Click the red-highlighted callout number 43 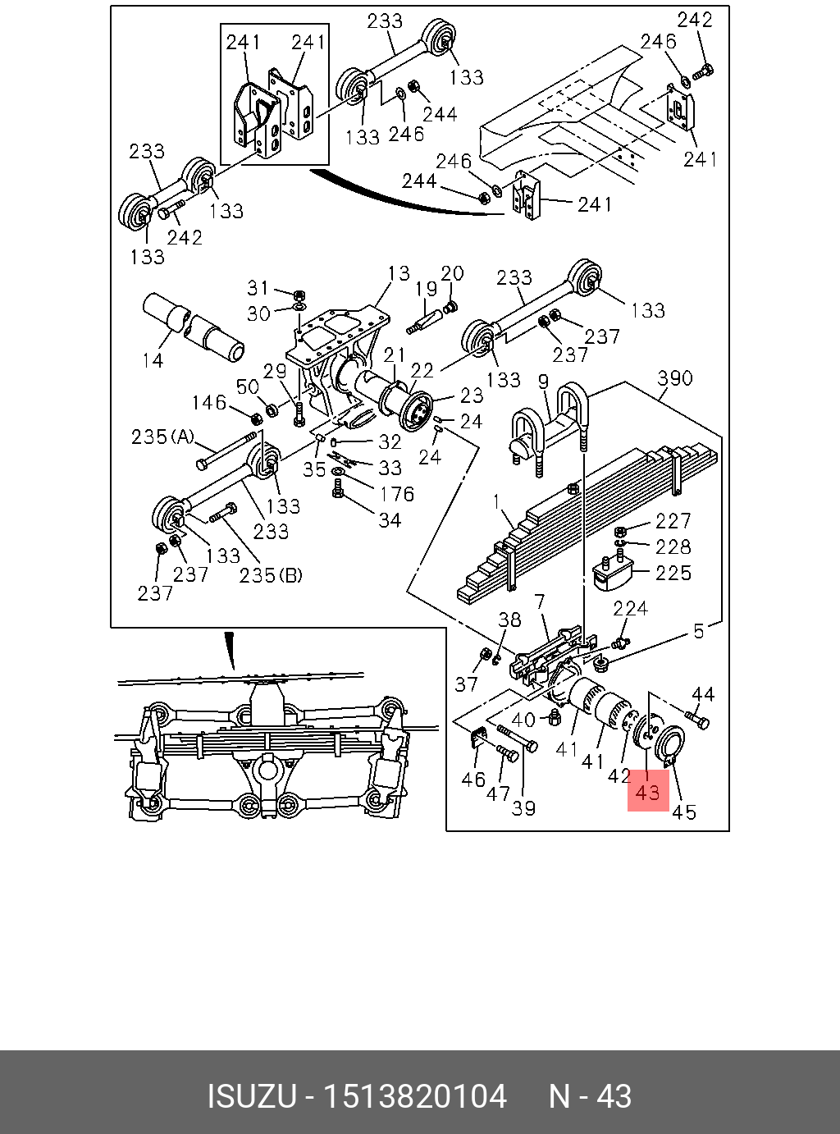pos(647,792)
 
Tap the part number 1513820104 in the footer pos(415,1096)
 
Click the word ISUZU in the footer pos(250,1096)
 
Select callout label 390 pos(674,378)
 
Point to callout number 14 pos(153,359)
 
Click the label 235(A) pos(162,437)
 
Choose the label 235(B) pos(271,575)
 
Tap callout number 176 pos(396,494)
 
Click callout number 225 pos(673,573)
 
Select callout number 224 pos(630,608)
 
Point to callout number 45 pos(683,812)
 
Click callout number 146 pos(208,402)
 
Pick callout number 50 pos(247,386)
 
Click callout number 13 pos(399,273)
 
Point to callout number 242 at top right pos(694,20)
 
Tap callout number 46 pos(472,779)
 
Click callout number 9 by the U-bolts pos(543,381)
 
